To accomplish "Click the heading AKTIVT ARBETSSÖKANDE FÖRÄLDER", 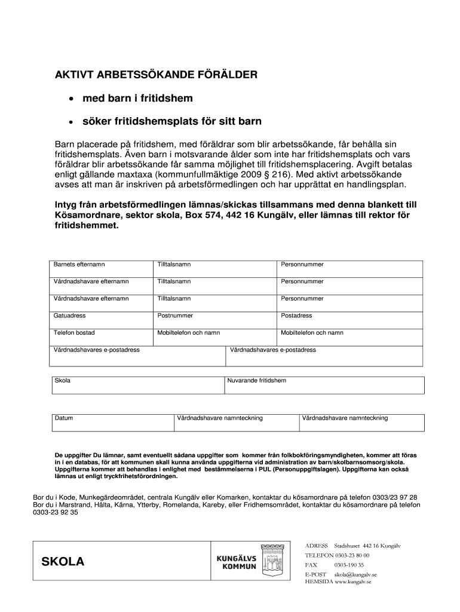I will click(x=156, y=75).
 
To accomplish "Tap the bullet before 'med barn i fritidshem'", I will click(x=70, y=98).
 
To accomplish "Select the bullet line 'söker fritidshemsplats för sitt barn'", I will click(x=172, y=121).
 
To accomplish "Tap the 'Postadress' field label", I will click(x=296, y=316).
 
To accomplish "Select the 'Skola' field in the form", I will click(x=138, y=385).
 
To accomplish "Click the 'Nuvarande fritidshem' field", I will click(x=324, y=385).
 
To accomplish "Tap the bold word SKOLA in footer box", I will click(x=63, y=562).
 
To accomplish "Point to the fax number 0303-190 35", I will click(x=349, y=565).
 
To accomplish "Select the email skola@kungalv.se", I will click(x=355, y=574).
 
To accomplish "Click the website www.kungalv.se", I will click(x=352, y=581).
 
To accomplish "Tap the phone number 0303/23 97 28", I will click(x=395, y=497).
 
